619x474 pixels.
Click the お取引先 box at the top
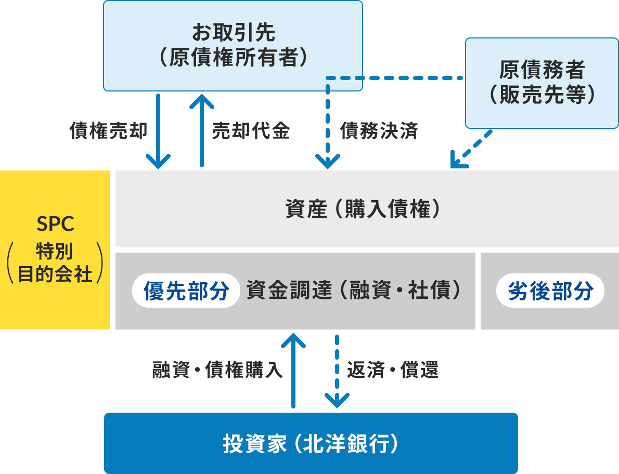233,46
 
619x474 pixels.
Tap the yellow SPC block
55,249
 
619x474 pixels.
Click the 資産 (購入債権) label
367,209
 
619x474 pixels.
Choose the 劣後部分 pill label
550,291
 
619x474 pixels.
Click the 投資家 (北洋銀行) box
311,443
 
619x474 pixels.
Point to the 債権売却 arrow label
109,131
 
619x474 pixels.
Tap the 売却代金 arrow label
251,131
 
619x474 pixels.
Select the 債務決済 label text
379,131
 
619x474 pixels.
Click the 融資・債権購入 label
217,370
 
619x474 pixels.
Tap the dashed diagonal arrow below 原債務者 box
471,150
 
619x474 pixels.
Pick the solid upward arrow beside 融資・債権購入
293,369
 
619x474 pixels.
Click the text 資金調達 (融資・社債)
354,291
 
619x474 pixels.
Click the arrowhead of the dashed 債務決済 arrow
327,162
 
